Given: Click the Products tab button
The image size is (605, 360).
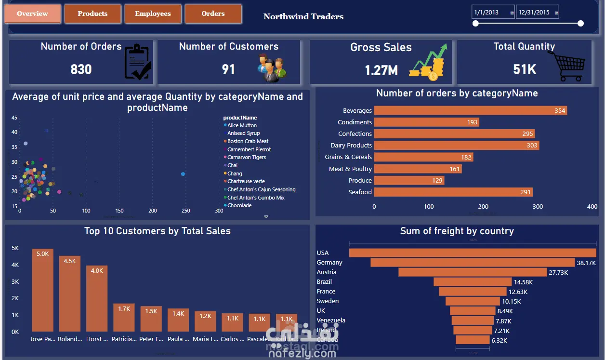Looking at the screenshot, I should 92,13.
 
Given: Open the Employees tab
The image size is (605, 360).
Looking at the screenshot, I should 153,13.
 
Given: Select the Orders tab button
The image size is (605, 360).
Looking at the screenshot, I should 213,13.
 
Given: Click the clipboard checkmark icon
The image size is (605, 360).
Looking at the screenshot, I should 137,62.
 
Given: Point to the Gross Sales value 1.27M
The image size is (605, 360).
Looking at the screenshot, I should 381,70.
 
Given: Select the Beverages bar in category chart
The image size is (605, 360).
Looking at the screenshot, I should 470,111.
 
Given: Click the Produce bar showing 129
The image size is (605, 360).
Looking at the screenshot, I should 409,181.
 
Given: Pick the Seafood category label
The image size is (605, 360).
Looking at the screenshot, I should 360,192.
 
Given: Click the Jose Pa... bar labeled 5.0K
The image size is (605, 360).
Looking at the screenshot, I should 42,290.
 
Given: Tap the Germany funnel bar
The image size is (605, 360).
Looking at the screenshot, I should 473,263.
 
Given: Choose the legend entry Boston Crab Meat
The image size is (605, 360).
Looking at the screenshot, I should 248,141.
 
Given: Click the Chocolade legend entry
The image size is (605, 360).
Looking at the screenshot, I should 239,206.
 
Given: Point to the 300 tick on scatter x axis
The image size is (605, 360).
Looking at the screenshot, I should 219,211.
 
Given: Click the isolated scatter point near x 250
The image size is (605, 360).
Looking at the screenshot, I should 183,174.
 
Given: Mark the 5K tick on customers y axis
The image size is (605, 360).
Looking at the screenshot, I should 15,248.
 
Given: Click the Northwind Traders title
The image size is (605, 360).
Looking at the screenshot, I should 303,16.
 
